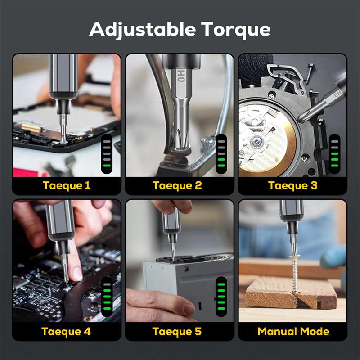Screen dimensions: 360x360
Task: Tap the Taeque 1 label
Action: (x=67, y=185)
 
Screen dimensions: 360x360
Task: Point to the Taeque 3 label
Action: (x=292, y=185)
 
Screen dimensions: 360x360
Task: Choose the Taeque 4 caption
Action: (x=67, y=332)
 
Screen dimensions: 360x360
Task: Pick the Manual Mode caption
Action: (x=293, y=332)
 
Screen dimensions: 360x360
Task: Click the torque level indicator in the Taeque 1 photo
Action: (x=107, y=153)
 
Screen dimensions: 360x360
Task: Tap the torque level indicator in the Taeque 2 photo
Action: (x=221, y=153)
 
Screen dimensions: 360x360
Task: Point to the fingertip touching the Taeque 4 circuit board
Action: (x=76, y=273)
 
